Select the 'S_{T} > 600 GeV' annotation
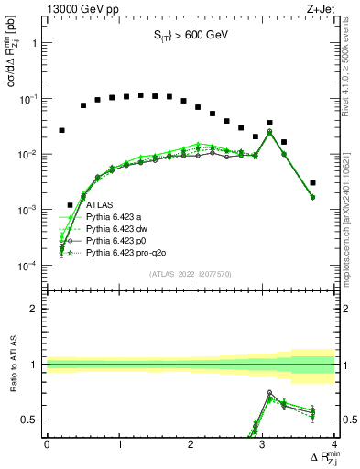190,36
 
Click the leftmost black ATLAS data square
61,130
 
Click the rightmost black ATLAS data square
313,182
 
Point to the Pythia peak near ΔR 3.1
269,131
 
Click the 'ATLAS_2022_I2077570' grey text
190,274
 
